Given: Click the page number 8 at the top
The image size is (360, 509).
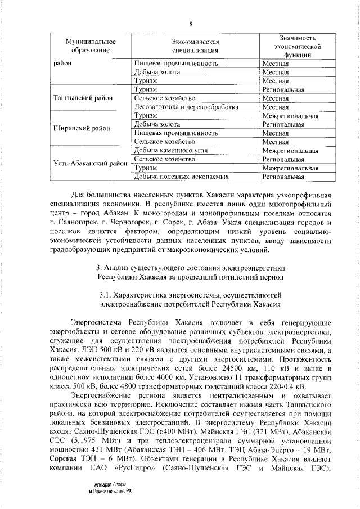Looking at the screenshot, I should (191, 24).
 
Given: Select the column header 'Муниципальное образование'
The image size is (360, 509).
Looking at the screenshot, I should (90, 47).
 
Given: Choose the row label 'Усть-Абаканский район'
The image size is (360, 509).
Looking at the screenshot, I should (90, 164).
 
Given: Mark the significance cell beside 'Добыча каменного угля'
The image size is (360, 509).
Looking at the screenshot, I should (290, 151).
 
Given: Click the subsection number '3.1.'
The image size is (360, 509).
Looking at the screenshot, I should (105, 295).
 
